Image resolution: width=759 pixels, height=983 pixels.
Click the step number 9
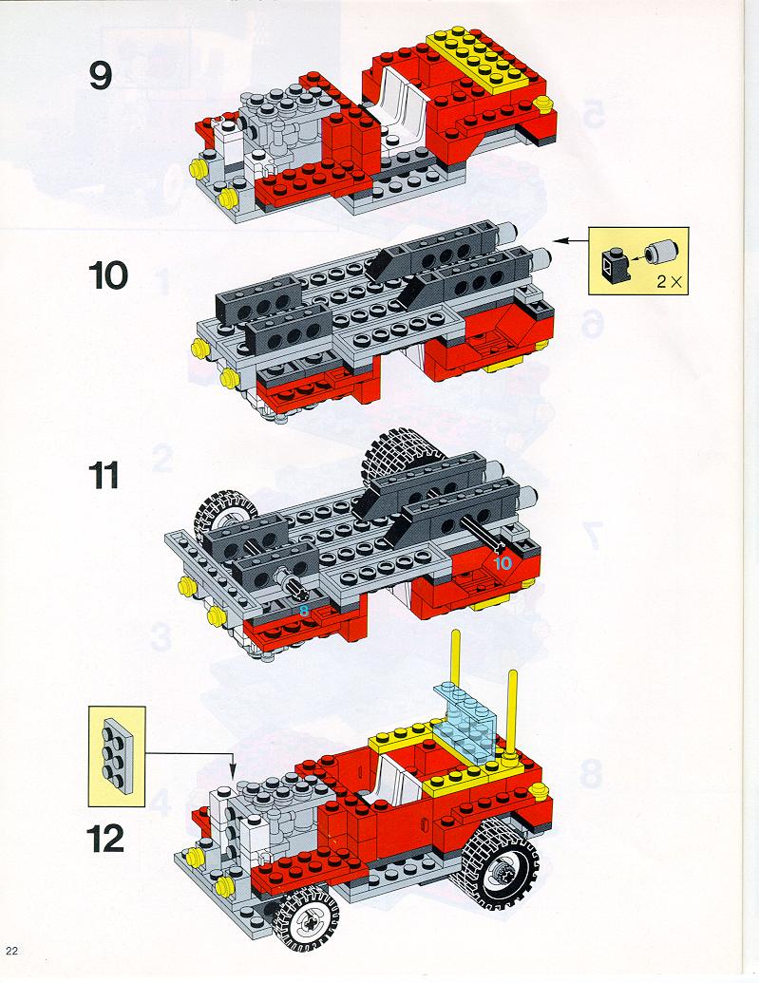point(101,75)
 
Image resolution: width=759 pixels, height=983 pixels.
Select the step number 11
point(105,474)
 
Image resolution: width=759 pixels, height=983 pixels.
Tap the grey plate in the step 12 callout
point(115,750)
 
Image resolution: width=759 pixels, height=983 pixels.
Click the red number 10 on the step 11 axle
point(502,562)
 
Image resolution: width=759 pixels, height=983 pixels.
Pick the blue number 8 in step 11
point(303,610)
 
